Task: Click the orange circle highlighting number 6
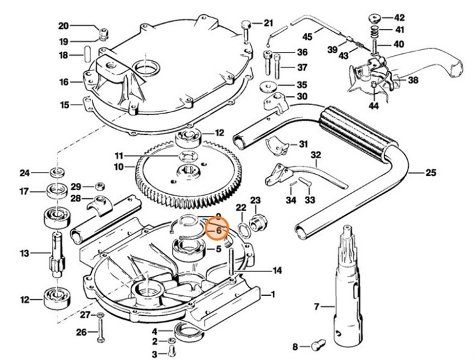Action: (218, 229)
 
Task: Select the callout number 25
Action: (431, 172)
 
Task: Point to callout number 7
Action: (315, 308)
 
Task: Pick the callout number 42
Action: (399, 17)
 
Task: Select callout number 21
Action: (268, 23)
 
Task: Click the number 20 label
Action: (64, 26)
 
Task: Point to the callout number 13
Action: (25, 253)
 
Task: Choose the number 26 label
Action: (80, 332)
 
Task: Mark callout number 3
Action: (154, 354)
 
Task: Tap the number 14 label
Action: (277, 271)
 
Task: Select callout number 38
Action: (413, 80)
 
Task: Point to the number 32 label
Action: (315, 155)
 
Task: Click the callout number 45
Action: (307, 36)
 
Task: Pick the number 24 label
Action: (25, 173)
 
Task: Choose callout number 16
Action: (64, 82)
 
